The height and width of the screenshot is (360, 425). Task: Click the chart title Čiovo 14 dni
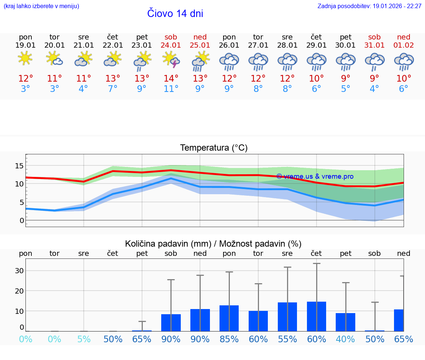(175, 14)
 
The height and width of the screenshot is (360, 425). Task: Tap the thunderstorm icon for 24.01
(171, 59)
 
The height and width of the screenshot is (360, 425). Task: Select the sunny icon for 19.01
(25, 58)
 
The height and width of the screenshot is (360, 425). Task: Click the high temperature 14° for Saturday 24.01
(171, 79)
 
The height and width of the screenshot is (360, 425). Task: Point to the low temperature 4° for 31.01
(374, 89)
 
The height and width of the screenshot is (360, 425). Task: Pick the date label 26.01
(229, 45)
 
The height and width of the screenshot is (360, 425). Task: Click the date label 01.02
(404, 45)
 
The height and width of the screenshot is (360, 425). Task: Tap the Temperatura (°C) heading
(214, 148)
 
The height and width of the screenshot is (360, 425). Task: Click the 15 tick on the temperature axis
(19, 166)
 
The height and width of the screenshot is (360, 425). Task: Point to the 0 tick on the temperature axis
(22, 220)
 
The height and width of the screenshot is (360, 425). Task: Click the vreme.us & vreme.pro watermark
(315, 176)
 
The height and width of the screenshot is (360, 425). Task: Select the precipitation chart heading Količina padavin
(213, 244)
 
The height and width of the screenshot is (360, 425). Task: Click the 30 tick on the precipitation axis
(19, 271)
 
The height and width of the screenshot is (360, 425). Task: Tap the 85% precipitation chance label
(229, 339)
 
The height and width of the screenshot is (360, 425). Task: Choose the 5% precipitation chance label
(84, 339)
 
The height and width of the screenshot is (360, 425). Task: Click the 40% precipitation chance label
(346, 339)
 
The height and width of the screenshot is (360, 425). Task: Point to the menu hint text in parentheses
(41, 6)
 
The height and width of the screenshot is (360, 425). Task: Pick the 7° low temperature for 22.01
(113, 89)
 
